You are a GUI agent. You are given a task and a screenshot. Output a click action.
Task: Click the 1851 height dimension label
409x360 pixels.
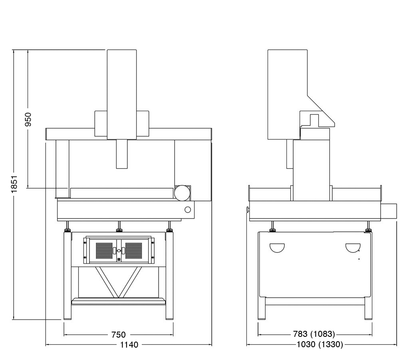coord(14,184)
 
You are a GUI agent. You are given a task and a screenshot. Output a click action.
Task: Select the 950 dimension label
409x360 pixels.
coord(28,119)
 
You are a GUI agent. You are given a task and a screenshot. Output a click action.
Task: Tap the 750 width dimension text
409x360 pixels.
coord(118,335)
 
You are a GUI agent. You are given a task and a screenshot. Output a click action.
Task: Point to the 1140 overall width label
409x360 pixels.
coord(129,344)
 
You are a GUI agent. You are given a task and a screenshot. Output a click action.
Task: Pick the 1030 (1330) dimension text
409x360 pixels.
coord(320,344)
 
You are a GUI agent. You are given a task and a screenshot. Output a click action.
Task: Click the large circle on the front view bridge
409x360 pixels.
coord(182,192)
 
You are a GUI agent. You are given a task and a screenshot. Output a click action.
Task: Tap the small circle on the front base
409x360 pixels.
coord(188,209)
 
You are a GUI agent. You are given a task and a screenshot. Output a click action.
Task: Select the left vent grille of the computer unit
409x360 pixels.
coord(104,251)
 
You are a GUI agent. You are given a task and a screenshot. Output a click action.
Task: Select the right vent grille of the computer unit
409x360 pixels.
coord(133,251)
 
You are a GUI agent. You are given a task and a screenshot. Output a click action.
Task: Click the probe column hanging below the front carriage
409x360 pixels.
coord(122,154)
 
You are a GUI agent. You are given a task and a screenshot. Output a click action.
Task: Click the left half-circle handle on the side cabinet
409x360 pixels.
coord(276,248)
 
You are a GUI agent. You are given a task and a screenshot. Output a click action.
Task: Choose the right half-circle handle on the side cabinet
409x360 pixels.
coord(353,248)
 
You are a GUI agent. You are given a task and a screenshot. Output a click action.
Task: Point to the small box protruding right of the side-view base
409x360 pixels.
coord(389,211)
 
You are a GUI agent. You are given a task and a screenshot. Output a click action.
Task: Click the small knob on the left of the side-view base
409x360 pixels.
coord(248,210)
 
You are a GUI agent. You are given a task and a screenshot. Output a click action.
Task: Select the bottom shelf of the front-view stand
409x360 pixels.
coord(119,301)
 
